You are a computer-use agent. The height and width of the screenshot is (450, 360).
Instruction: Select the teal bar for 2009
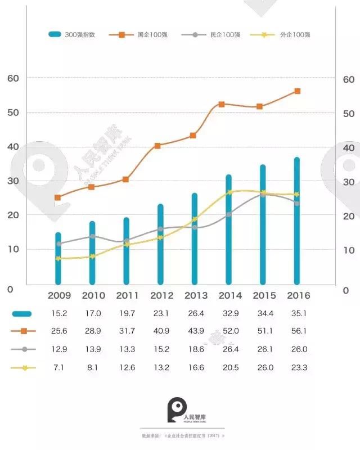(58, 258)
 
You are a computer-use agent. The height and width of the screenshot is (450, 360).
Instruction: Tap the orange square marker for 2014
(222, 104)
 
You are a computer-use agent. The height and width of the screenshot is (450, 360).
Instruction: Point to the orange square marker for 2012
(157, 145)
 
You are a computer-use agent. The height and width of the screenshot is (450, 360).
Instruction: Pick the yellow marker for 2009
(58, 258)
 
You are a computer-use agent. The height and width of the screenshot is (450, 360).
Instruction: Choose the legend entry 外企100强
(286, 34)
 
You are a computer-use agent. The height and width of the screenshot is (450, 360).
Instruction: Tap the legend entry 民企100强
(217, 34)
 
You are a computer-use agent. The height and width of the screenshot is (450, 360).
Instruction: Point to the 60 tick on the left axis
(12, 78)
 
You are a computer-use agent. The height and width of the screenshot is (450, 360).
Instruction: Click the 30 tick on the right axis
(349, 182)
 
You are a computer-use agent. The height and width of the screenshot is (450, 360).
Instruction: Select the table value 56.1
(296, 331)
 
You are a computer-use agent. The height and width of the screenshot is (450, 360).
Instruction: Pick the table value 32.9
(228, 313)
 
